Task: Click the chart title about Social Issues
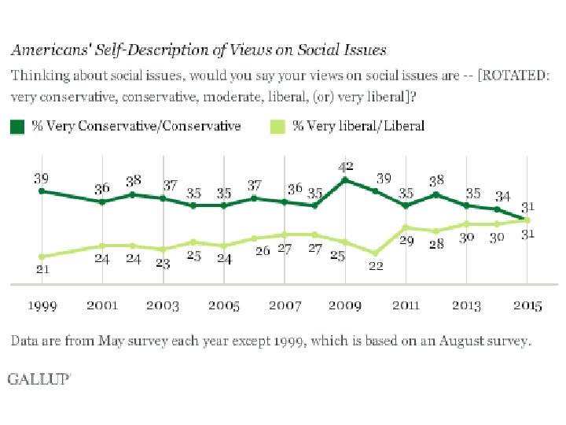pos(198,50)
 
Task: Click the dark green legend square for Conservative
pos(17,126)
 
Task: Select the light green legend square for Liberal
pos(277,126)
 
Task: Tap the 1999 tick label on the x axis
pos(42,306)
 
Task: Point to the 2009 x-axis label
pos(345,306)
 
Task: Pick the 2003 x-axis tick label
pos(163,306)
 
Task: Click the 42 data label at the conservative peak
pos(345,167)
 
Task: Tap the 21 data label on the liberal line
pos(42,270)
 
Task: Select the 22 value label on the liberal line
pos(376,266)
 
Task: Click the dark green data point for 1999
pos(42,191)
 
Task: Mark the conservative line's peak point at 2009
pos(345,180)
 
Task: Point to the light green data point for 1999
pos(42,256)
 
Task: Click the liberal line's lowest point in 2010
pos(376,253)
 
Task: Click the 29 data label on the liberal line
pos(406,241)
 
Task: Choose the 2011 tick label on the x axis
pos(406,306)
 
